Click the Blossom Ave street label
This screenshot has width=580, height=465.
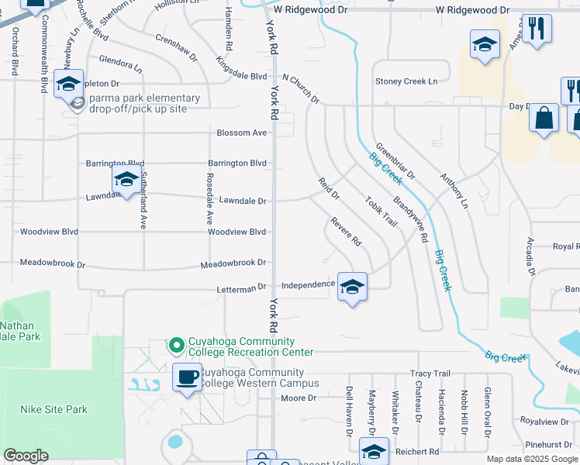(x=242, y=133)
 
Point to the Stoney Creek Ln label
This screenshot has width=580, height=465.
(x=406, y=81)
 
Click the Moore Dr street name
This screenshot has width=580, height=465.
(x=299, y=398)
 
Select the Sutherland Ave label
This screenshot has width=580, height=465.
(x=143, y=201)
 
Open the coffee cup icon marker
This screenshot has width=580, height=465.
(x=186, y=377)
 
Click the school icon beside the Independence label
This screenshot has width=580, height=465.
(x=352, y=288)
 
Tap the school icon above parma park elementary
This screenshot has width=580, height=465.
(x=68, y=84)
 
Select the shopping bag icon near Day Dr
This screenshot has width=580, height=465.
(x=544, y=119)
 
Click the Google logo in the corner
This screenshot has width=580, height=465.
(x=26, y=456)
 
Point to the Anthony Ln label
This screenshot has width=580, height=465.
(x=455, y=191)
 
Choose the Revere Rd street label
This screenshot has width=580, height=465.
(x=347, y=232)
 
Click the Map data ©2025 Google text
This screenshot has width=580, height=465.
(x=531, y=459)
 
